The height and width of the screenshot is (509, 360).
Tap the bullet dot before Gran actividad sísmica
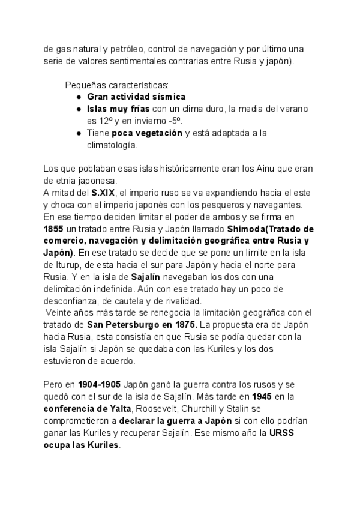click(x=79, y=97)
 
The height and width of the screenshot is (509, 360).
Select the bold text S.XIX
click(x=103, y=193)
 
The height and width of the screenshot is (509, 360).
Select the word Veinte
click(x=59, y=313)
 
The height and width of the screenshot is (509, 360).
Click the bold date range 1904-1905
click(x=98, y=385)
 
